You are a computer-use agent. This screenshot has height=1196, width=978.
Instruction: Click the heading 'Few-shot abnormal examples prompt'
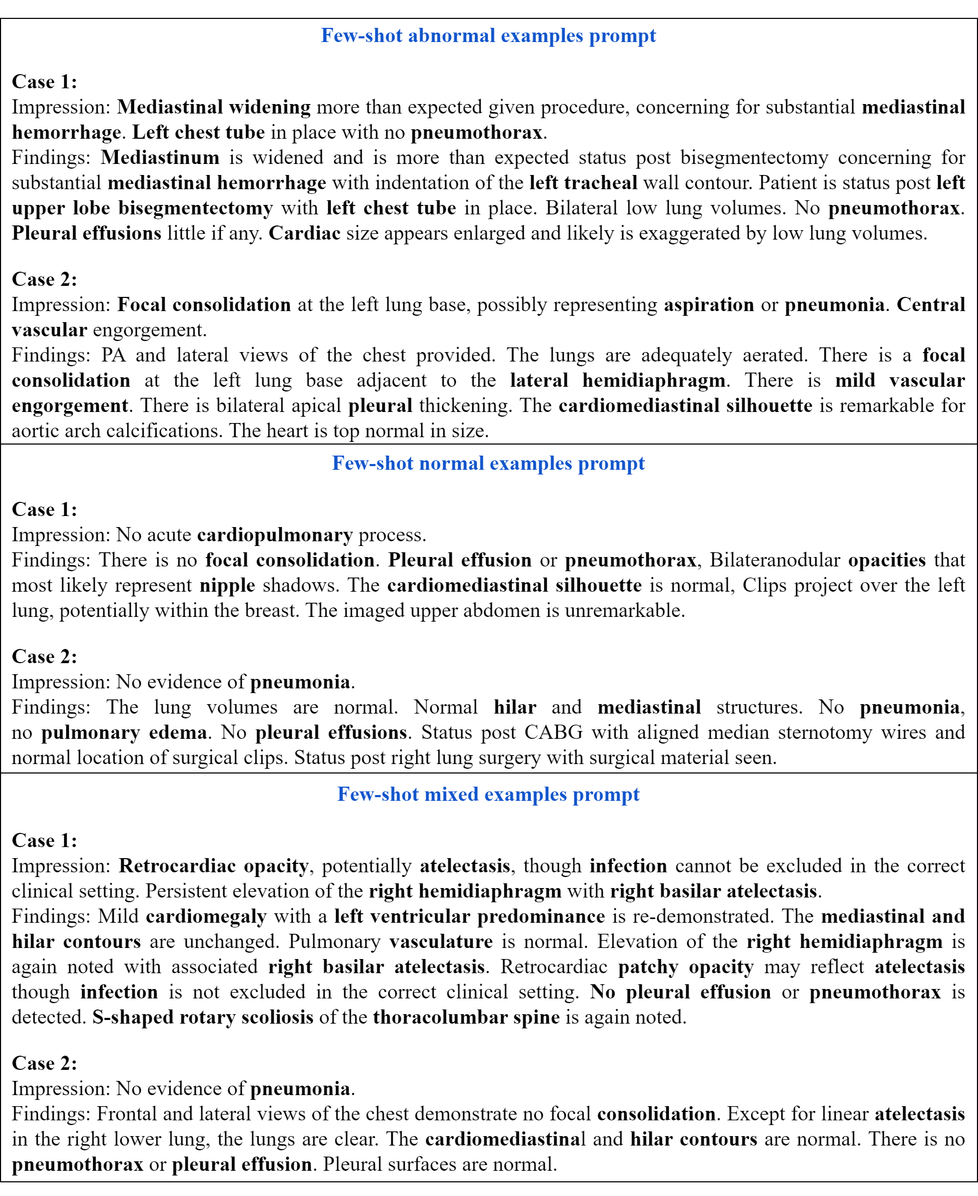488,36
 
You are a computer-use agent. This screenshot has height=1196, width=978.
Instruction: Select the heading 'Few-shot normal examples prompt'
488,463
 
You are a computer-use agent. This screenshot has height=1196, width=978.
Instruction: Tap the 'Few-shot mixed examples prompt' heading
488,794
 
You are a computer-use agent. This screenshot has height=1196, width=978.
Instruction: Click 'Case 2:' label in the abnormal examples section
45,279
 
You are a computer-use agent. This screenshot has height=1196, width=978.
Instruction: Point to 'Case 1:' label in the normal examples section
45,509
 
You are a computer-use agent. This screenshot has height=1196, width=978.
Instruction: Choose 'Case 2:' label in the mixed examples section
45,1063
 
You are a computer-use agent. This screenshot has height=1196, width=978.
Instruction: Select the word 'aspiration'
709,305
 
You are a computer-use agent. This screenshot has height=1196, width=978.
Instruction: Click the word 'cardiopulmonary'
275,534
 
